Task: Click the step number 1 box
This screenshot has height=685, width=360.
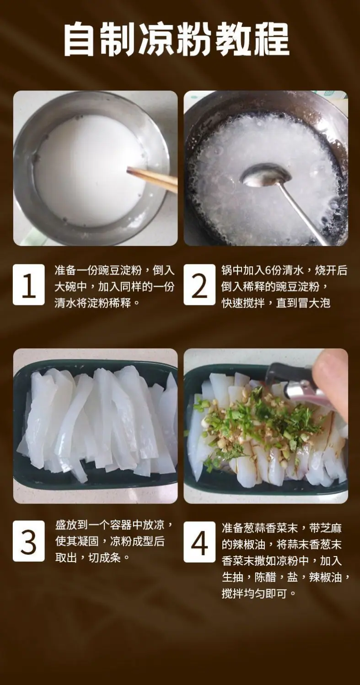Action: [x=29, y=285]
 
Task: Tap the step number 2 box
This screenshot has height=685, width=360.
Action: [x=199, y=285]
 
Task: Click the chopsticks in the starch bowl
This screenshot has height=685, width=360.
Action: [x=152, y=180]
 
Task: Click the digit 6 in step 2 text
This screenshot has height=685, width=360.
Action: [x=268, y=271]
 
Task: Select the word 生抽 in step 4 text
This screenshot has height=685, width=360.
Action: [x=232, y=578]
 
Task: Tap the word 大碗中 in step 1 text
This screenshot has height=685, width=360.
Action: [x=70, y=287]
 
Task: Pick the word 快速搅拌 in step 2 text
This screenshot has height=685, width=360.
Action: [x=243, y=303]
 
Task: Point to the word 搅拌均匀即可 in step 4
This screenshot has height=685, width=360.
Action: [x=254, y=594]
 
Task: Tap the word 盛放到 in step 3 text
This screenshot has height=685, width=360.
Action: [x=71, y=525]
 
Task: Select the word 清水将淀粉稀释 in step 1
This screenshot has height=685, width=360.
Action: [x=92, y=303]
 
